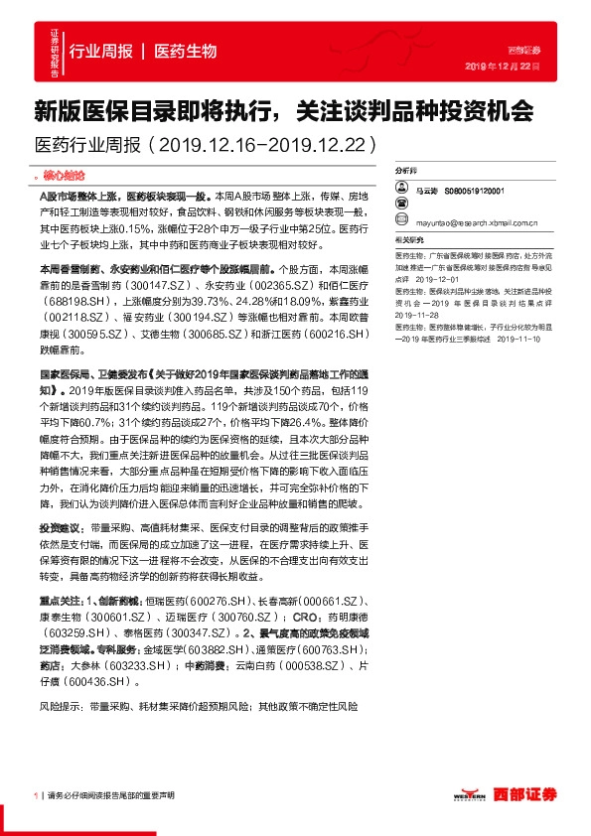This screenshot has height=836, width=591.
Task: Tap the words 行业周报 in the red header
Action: point(100,51)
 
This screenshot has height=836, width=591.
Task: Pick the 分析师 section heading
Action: point(405,171)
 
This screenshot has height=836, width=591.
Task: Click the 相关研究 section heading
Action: point(407,240)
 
